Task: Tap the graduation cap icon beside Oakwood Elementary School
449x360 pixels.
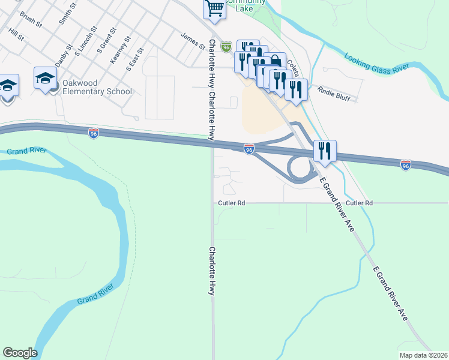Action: [x=45, y=78]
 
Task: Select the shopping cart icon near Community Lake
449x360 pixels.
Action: [x=214, y=9]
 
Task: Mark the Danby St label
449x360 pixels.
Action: [x=63, y=55]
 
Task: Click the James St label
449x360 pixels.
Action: [x=193, y=40]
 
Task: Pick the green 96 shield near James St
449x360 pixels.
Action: [x=226, y=46]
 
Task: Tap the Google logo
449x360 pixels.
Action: [x=20, y=353]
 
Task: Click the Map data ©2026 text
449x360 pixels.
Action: [x=423, y=355]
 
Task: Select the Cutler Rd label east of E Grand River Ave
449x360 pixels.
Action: [x=359, y=203]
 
